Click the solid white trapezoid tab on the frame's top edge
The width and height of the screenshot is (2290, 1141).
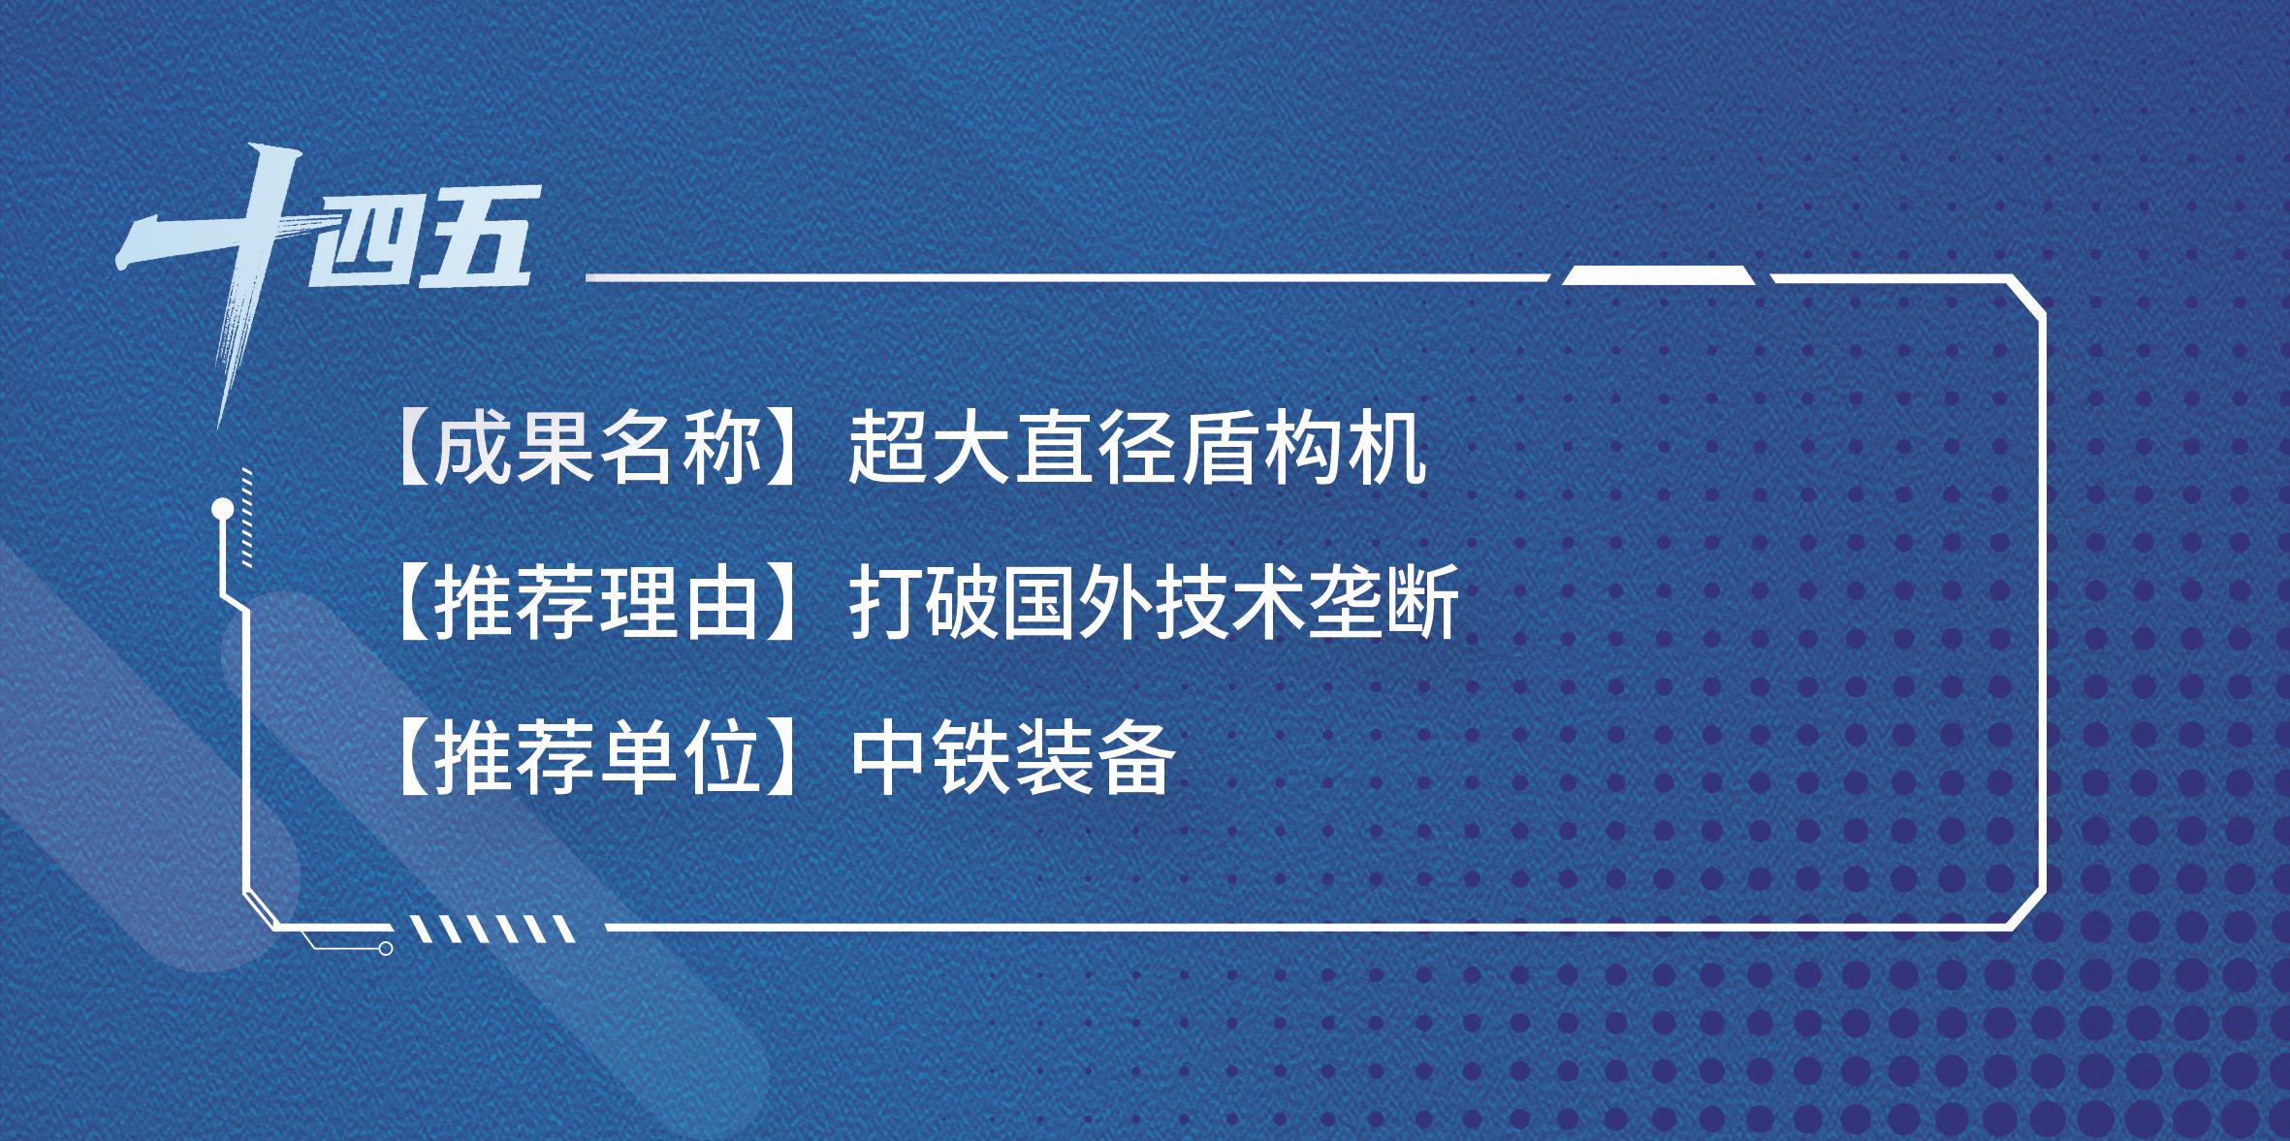click(1659, 275)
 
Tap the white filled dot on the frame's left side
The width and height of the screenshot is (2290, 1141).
click(222, 506)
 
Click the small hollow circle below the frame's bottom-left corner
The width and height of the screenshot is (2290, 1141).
click(385, 948)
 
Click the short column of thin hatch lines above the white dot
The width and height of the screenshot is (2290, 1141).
click(246, 514)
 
